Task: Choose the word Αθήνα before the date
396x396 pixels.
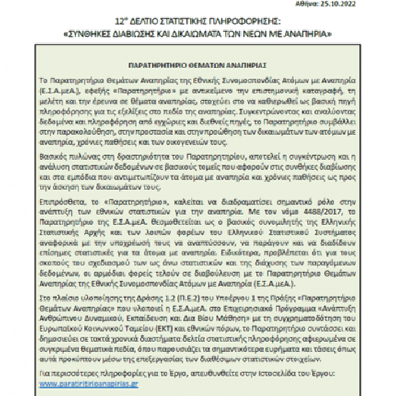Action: coord(344,3)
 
